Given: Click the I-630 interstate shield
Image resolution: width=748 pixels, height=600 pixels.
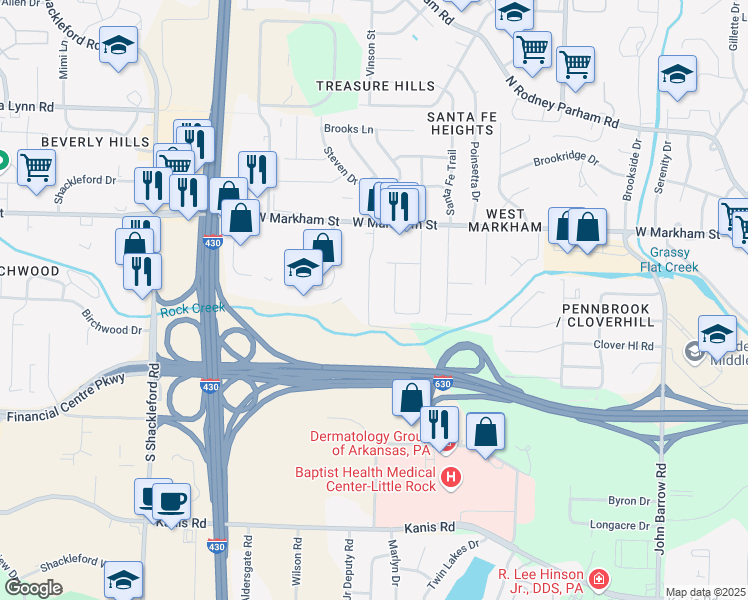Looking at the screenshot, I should click(x=444, y=384).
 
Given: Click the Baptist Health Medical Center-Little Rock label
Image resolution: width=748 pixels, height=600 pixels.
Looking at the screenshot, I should click(x=366, y=480).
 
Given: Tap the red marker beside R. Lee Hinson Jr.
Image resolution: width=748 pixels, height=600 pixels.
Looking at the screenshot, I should click(x=597, y=579).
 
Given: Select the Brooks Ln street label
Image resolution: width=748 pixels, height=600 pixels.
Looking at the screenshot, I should click(x=348, y=129).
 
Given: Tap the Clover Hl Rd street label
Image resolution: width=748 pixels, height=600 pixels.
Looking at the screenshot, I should click(x=623, y=346).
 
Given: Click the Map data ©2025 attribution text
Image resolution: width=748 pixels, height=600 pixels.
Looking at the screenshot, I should click(x=704, y=592).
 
